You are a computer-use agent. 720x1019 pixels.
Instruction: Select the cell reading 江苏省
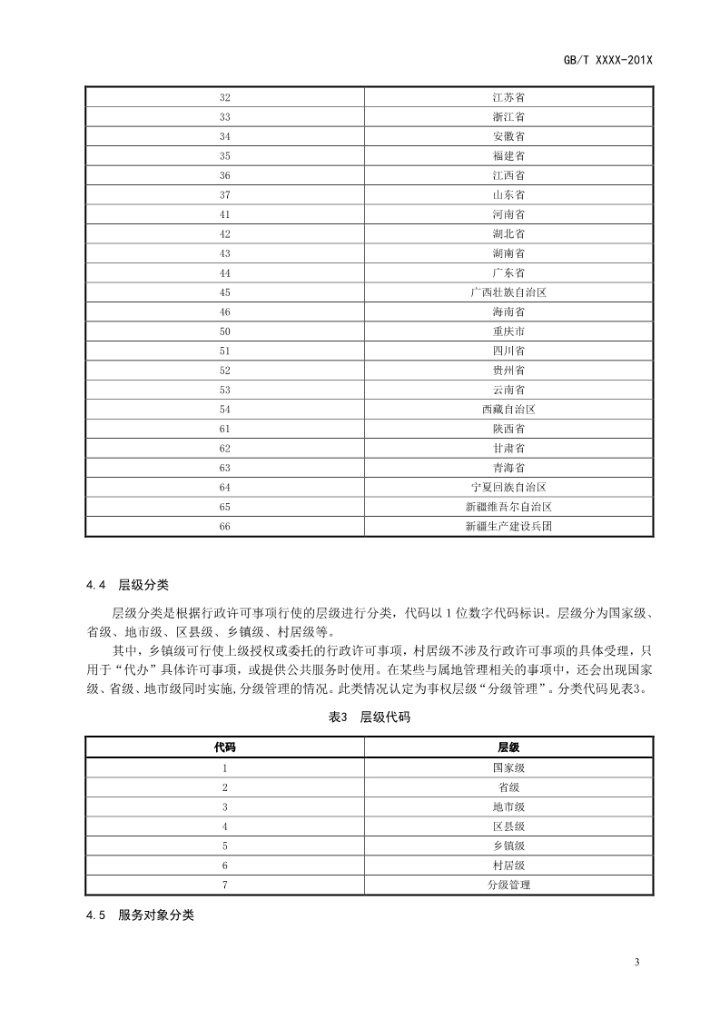[508, 97]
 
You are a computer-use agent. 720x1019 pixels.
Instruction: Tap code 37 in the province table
[225, 195]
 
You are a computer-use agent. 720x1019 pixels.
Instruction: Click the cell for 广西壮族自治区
[508, 292]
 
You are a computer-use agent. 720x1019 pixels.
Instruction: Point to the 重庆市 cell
[508, 331]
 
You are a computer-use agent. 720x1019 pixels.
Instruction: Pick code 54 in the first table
[225, 410]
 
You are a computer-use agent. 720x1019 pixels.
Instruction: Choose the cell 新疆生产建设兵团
[508, 527]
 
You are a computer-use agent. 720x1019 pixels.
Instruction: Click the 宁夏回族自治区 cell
[508, 488]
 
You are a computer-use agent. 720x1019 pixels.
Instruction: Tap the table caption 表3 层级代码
[369, 717]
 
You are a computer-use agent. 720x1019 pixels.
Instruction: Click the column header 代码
[225, 747]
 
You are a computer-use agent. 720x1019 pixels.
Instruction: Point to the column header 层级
[508, 747]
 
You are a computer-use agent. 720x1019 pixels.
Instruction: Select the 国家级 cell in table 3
[508, 767]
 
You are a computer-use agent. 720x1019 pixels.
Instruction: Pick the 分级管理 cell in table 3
[508, 885]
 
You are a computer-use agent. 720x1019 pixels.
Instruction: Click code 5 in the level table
[225, 846]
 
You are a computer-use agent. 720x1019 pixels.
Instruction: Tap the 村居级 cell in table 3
[508, 866]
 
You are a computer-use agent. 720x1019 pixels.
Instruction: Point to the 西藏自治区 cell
[508, 410]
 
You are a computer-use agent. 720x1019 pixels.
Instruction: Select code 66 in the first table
[225, 527]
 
